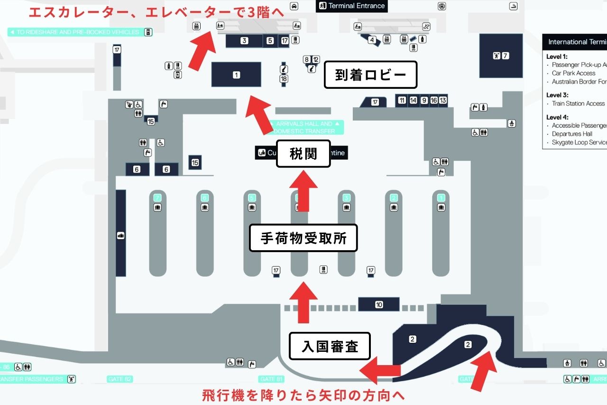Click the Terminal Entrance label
coord(352,6)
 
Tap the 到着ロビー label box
coord(370,75)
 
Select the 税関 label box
coord(303,154)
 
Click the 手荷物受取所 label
coord(303,238)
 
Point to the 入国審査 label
coord(330,346)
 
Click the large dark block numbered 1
coord(236,75)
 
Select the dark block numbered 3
coord(244,41)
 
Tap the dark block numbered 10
coord(379,304)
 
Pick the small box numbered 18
coord(284,79)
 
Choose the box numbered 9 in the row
coord(424,100)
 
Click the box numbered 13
coord(443,100)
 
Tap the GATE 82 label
coord(120,379)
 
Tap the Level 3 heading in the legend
coord(557,95)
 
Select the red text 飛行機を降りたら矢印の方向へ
coord(303,395)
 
